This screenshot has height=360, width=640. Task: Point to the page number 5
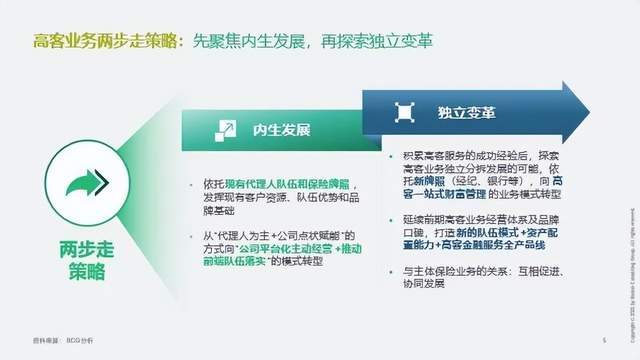tap(603, 339)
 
